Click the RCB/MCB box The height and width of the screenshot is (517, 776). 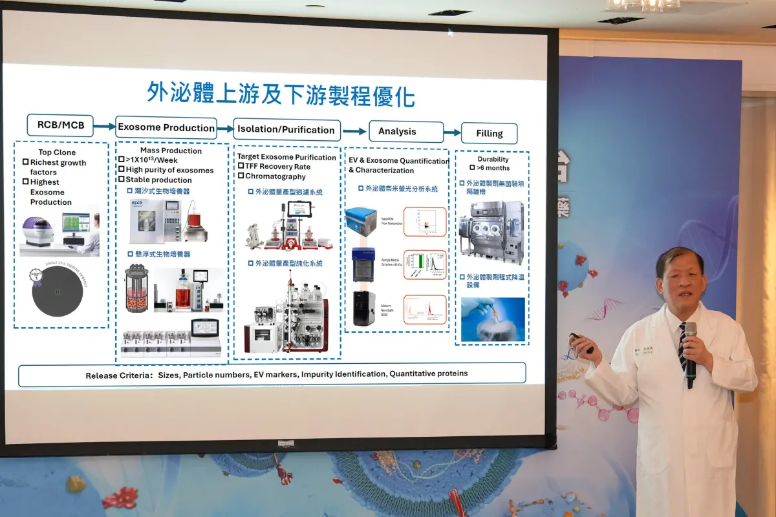point(60,125)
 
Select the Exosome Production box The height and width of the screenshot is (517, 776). point(166,127)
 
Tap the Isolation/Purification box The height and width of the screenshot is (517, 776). point(286,130)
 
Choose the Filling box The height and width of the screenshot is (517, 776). point(489,134)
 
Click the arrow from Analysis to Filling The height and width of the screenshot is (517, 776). point(452,132)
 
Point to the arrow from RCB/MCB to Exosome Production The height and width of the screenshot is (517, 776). point(104,126)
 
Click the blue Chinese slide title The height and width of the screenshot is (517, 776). point(281,94)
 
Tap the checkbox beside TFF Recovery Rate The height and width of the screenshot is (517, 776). point(241,167)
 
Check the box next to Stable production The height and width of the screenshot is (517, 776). point(121,180)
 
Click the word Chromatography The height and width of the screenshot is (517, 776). point(275,176)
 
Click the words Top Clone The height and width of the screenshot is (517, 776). point(57,153)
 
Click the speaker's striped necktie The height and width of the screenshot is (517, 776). point(682,349)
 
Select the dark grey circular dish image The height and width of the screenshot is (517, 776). point(58,292)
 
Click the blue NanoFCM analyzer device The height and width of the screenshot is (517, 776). point(361,222)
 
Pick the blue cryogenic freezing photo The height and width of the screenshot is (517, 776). point(493,319)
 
